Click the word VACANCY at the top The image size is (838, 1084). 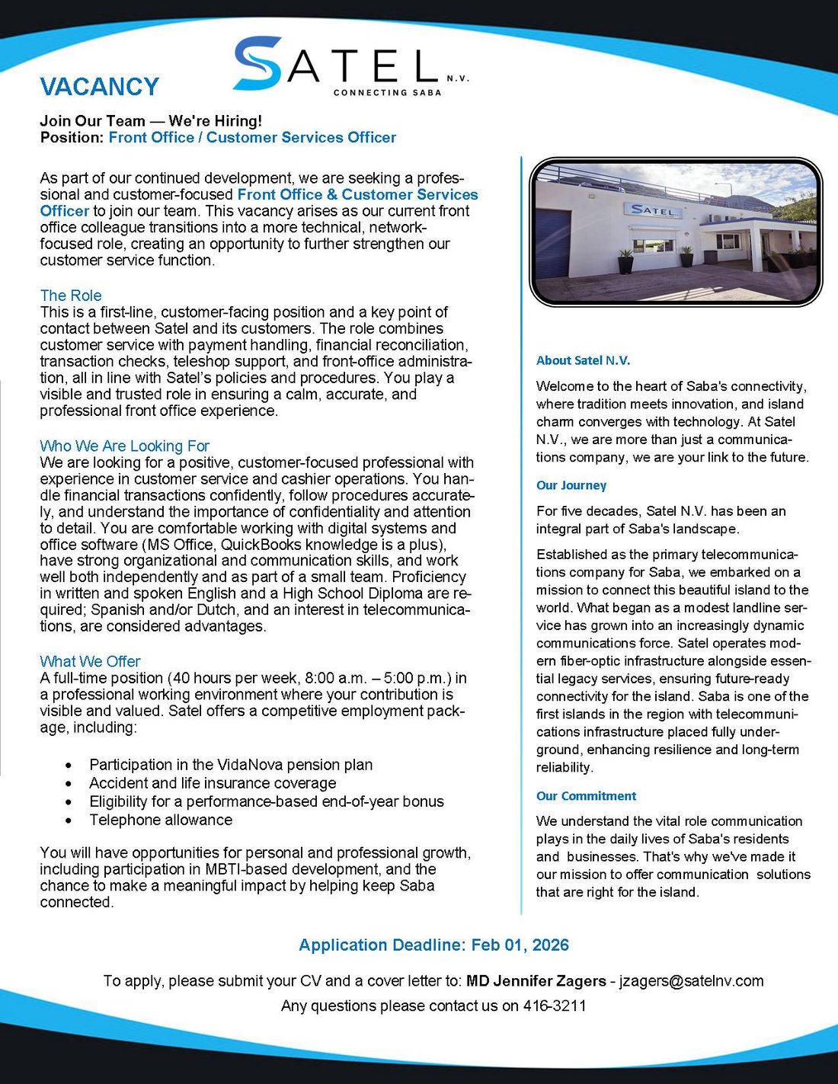point(99,87)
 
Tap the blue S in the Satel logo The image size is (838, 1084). point(257,64)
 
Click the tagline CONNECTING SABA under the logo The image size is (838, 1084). point(387,93)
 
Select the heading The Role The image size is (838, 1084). point(71,296)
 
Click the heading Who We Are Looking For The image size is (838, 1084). point(124,446)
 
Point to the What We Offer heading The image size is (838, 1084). point(90,661)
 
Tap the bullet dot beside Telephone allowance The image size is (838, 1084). point(69,821)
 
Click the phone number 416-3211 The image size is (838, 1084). point(555,1006)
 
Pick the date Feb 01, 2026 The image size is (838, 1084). point(520,945)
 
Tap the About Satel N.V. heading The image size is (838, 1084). point(583,360)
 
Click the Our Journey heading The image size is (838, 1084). point(571,485)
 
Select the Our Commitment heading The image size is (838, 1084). point(586,796)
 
